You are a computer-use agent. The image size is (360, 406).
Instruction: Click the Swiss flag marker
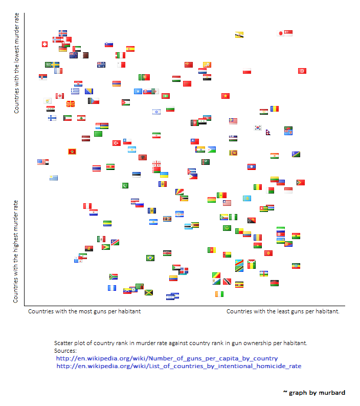click(44, 44)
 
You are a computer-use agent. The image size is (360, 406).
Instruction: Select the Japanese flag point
click(280, 33)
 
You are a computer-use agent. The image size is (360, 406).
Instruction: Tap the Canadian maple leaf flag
click(60, 96)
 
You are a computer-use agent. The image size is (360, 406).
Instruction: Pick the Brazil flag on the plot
click(150, 258)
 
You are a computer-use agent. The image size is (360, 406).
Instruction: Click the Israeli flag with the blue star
click(156, 112)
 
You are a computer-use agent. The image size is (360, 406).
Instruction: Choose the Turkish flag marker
click(117, 143)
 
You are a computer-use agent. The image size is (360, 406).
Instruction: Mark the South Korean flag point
click(258, 127)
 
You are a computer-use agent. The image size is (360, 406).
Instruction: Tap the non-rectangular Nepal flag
click(268, 133)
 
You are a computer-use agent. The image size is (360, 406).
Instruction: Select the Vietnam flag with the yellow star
click(226, 96)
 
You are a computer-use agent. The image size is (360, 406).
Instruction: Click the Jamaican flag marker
click(149, 292)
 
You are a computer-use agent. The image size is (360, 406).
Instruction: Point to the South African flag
click(114, 277)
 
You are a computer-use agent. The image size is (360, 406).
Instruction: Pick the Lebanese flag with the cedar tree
click(81, 118)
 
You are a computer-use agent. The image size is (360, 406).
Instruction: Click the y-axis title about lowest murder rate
click(16, 63)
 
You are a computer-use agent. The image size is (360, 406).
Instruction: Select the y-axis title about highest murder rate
click(15, 251)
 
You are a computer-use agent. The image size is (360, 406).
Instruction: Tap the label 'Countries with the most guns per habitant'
click(84, 311)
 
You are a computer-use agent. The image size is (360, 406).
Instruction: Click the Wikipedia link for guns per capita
click(167, 358)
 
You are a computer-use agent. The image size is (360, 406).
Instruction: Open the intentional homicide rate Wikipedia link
click(179, 366)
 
